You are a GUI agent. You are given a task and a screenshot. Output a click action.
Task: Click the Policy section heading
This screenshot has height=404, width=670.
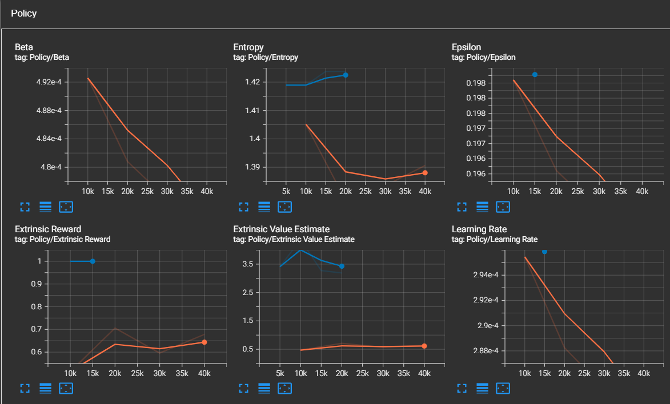click(23, 13)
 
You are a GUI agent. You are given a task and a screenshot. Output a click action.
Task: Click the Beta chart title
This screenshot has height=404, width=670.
click(24, 47)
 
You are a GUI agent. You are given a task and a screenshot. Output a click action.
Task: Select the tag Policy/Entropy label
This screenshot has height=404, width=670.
click(266, 58)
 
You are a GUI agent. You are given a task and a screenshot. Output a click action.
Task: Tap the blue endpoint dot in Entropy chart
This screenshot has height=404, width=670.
click(346, 75)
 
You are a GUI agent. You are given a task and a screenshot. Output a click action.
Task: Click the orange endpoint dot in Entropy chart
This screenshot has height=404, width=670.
click(425, 173)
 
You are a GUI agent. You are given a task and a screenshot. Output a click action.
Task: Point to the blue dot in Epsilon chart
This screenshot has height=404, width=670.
click(535, 74)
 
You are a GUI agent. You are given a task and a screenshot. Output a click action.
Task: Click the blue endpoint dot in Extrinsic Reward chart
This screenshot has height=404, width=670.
click(93, 261)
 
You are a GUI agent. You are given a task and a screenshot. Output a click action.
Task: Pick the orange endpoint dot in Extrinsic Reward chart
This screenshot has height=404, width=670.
click(204, 342)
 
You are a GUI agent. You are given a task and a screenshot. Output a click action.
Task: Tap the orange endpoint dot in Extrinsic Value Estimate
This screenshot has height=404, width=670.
click(424, 346)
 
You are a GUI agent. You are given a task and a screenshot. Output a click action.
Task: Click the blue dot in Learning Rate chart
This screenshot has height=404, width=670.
click(544, 251)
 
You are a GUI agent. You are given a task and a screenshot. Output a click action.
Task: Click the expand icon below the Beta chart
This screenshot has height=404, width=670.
click(25, 207)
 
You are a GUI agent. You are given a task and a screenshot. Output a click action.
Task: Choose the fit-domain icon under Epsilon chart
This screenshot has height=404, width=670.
click(503, 207)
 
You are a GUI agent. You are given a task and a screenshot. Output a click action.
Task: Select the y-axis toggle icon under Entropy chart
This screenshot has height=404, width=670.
click(264, 207)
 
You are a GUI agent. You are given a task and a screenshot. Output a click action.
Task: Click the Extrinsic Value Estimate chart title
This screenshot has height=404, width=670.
click(282, 229)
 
